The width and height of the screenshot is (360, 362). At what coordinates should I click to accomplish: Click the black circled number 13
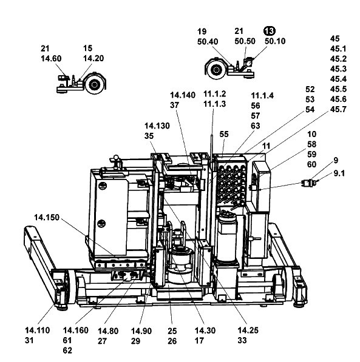pyautogui.click(x=270, y=31)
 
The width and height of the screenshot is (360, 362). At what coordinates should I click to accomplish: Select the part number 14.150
pyautogui.click(x=47, y=217)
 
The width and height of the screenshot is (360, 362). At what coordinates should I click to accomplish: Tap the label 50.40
pyautogui.click(x=208, y=42)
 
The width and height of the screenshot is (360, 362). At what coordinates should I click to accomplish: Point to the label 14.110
pyautogui.click(x=38, y=330)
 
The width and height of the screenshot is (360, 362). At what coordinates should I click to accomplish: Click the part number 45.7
pyautogui.click(x=338, y=109)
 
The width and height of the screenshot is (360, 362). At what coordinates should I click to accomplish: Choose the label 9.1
pyautogui.click(x=339, y=173)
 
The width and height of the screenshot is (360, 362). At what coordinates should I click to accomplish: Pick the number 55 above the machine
pyautogui.click(x=224, y=134)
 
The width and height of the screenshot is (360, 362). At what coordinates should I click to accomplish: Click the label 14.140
pyautogui.click(x=183, y=95)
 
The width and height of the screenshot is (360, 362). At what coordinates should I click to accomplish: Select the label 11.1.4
pyautogui.click(x=262, y=96)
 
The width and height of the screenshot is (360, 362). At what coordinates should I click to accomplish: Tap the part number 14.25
pyautogui.click(x=248, y=330)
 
